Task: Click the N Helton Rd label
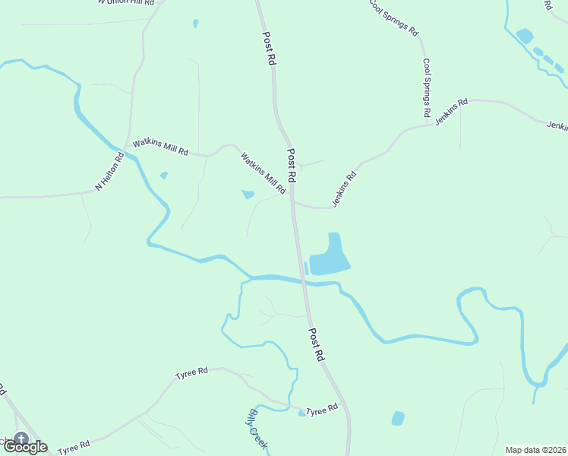(109, 173)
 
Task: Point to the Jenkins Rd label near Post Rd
(344, 189)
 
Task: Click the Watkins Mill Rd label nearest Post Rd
(263, 173)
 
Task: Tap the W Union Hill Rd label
(126, 2)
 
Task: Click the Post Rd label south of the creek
(317, 344)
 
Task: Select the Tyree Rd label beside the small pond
(323, 410)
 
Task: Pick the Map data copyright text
(535, 450)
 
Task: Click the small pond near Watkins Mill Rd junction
(248, 195)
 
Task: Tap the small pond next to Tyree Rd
(302, 413)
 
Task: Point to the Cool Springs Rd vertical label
(427, 87)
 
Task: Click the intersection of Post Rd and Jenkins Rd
(293, 203)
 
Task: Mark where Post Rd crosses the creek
(303, 280)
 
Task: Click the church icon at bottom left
(21, 439)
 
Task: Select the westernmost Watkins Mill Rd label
(160, 147)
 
